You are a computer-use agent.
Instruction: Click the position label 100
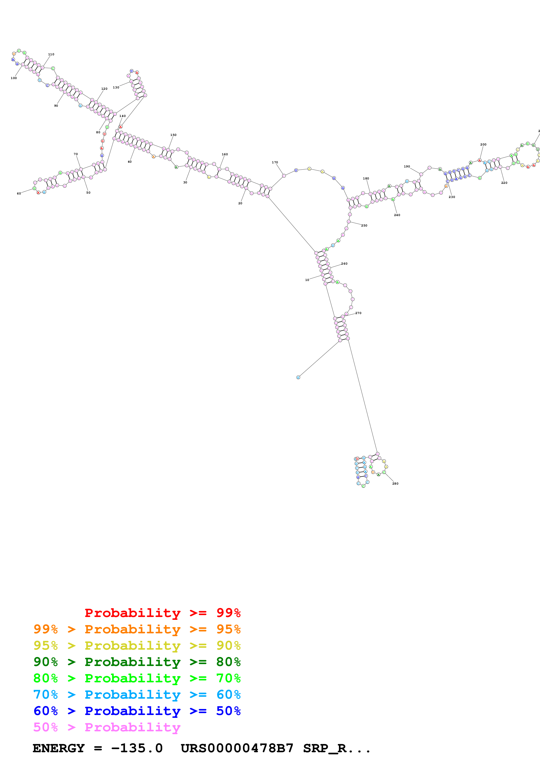coord(14,78)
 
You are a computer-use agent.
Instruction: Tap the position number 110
coord(51,54)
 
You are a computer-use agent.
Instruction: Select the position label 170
coord(275,162)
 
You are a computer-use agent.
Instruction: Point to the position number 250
coord(364,226)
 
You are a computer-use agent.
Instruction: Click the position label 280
coord(395,483)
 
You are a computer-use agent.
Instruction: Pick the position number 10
coord(307,280)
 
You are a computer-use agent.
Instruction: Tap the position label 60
coord(19,193)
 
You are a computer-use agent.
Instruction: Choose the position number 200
coord(483,144)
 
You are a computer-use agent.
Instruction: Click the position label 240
coord(397,215)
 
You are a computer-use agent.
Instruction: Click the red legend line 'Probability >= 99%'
coord(162,613)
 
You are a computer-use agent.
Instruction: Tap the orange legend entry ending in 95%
coord(137,629)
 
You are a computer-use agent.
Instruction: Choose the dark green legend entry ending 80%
coord(137,662)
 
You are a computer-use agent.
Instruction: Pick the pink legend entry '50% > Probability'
coord(107,727)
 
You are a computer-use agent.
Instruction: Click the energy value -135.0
coord(137,748)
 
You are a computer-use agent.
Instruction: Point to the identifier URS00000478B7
coord(237,748)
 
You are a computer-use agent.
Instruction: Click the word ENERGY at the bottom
coord(59,748)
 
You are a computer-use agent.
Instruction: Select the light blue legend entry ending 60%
coord(137,695)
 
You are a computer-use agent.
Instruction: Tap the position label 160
coord(225,154)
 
